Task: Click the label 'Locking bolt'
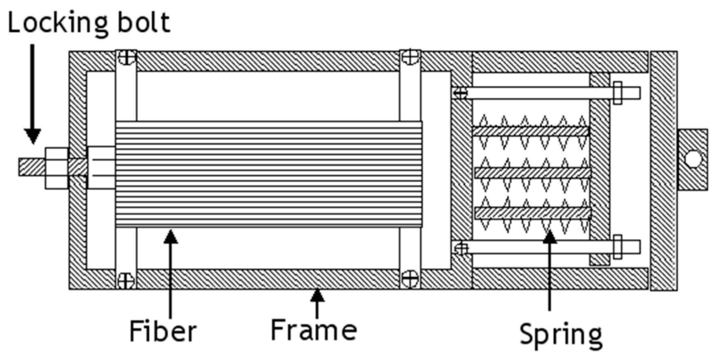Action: pyautogui.click(x=89, y=23)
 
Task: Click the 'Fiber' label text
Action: pyautogui.click(x=163, y=332)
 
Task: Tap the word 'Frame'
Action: pyautogui.click(x=314, y=330)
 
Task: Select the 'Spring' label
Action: pyautogui.click(x=561, y=334)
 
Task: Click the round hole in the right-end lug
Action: pyautogui.click(x=693, y=158)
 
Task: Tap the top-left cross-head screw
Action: pyautogui.click(x=127, y=57)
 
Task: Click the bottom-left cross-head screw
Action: pyautogui.click(x=126, y=280)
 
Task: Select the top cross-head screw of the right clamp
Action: pyautogui.click(x=410, y=56)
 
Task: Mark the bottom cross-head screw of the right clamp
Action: pyautogui.click(x=410, y=278)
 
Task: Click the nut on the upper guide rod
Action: pyautogui.click(x=617, y=93)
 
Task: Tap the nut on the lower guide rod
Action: pyautogui.click(x=617, y=247)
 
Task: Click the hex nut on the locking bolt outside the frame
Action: pyautogui.click(x=56, y=168)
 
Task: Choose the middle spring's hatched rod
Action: pyautogui.click(x=533, y=173)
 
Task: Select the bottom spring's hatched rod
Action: pyautogui.click(x=533, y=213)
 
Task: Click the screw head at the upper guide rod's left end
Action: pyautogui.click(x=460, y=93)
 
